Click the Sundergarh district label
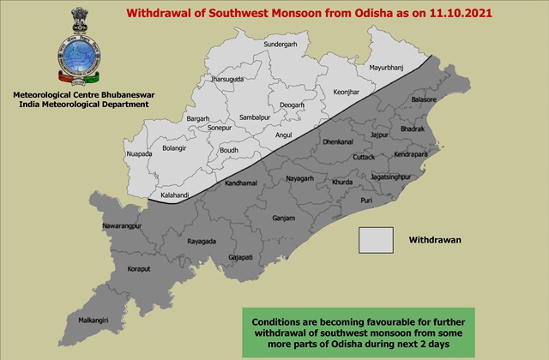point(284,42)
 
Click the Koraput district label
point(115,268)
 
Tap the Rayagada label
point(200,240)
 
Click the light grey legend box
point(376,241)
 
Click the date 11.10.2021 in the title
point(434,14)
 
